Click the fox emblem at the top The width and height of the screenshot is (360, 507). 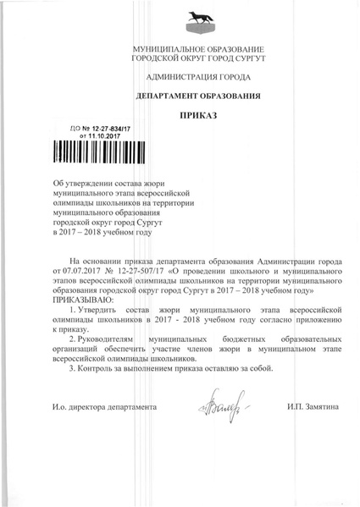coord(180,20)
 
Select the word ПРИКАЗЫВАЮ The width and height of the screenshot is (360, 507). coord(82,300)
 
